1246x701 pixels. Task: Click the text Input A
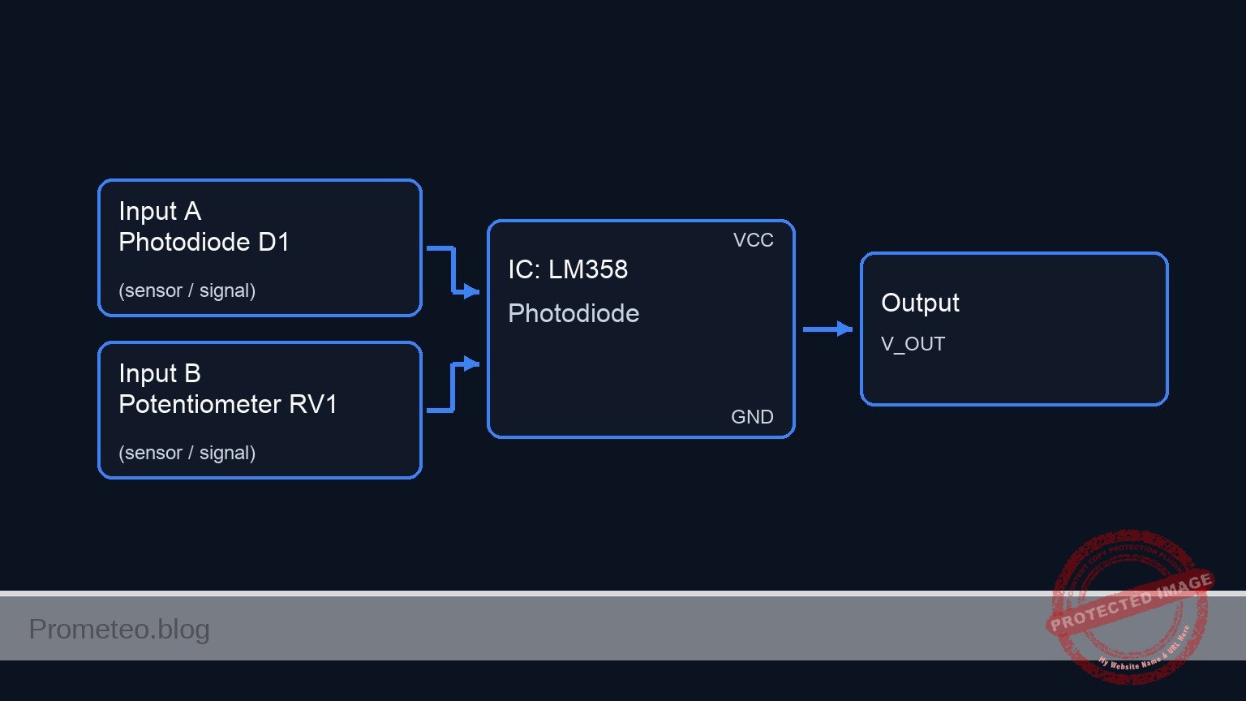[160, 212]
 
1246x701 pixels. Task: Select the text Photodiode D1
[204, 242]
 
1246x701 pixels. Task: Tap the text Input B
[160, 374]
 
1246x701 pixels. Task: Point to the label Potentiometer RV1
[227, 404]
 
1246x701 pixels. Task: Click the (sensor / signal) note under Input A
[187, 290]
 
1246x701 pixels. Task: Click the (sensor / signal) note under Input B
[187, 453]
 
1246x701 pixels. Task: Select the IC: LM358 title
[568, 269]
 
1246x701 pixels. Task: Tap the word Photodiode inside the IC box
[574, 313]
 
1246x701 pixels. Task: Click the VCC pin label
[753, 240]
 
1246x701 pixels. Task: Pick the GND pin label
[752, 417]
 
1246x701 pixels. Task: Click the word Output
[920, 303]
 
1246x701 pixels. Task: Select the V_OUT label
[913, 344]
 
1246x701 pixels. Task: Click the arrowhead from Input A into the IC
[471, 291]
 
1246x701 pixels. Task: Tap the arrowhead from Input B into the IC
[471, 363]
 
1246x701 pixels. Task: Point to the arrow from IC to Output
[827, 329]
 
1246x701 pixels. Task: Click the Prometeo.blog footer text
[119, 629]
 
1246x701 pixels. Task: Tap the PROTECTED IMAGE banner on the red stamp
[1131, 600]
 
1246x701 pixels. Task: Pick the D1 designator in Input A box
[273, 242]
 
